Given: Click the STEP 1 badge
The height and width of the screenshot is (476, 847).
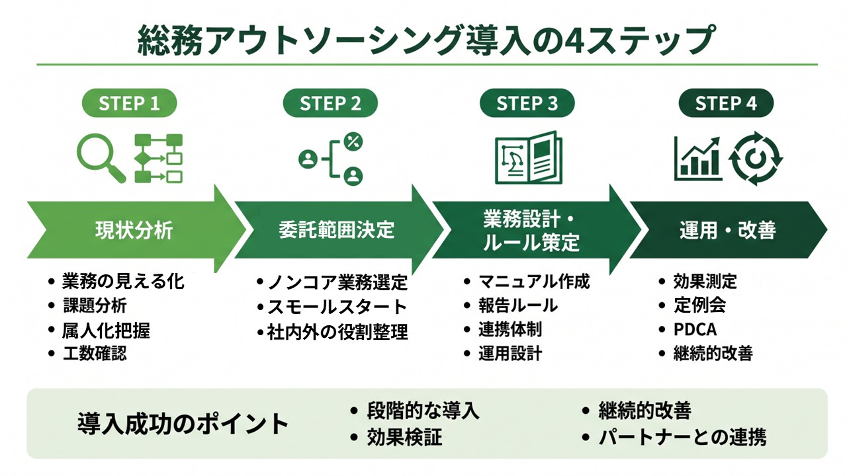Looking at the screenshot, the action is tap(129, 103).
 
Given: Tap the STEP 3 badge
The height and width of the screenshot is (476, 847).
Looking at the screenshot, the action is tap(527, 103).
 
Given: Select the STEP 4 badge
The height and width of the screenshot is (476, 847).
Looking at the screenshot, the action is tap(726, 103).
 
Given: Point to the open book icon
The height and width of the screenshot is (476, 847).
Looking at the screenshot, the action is tap(529, 158).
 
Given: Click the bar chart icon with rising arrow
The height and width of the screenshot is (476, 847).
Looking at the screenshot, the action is tap(698, 158).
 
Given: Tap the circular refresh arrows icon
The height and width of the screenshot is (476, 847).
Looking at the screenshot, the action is tap(756, 158).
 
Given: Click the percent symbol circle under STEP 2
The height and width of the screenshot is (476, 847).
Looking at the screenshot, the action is tap(353, 141).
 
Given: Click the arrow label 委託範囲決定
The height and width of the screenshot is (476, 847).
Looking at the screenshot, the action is tap(337, 229).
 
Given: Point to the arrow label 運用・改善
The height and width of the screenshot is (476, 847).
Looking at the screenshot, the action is tap(727, 229).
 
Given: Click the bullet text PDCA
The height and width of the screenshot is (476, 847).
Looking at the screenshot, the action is tap(695, 329).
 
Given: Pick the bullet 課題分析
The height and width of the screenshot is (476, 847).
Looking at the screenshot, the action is tap(95, 305).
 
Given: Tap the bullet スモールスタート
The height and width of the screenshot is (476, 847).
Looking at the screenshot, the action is tap(337, 307).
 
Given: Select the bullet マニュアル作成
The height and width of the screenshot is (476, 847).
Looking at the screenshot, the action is tap(534, 282).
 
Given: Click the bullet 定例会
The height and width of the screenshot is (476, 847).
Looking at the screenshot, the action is tap(699, 305).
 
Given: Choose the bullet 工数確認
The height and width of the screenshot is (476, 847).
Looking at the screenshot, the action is tap(95, 353).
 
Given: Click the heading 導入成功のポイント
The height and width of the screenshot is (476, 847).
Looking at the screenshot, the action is tap(183, 424).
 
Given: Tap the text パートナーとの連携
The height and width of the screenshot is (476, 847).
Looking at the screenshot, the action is tap(682, 438).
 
